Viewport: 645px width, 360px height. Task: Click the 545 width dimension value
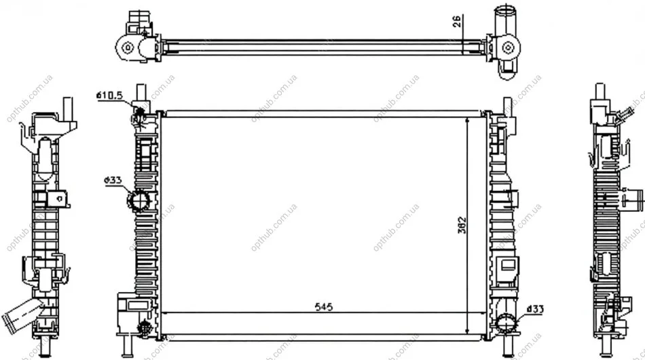point(324,307)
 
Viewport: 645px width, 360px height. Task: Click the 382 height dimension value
point(462,225)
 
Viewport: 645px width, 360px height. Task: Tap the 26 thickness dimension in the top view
point(457,21)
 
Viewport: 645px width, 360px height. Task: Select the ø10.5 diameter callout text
point(110,96)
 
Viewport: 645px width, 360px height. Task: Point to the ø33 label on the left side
point(113,180)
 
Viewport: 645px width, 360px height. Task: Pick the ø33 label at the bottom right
point(535,309)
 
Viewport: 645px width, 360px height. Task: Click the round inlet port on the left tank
point(139,200)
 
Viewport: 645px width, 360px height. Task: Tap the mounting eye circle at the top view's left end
point(128,48)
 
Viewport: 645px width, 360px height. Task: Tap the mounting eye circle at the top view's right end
point(509,48)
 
